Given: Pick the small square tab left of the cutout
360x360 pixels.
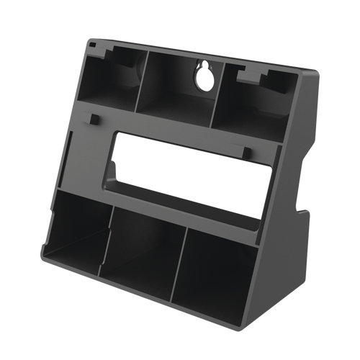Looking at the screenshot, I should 93,117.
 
